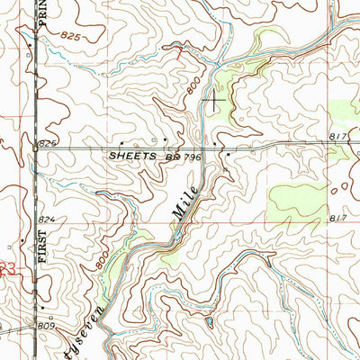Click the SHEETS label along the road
(x=133, y=156)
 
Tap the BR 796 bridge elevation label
(x=181, y=156)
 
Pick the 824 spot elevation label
(x=47, y=220)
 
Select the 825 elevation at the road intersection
(x=47, y=144)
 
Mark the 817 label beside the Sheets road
(x=337, y=137)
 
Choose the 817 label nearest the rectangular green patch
(x=337, y=219)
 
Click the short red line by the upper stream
(x=180, y=49)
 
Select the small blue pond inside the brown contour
(x=209, y=320)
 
